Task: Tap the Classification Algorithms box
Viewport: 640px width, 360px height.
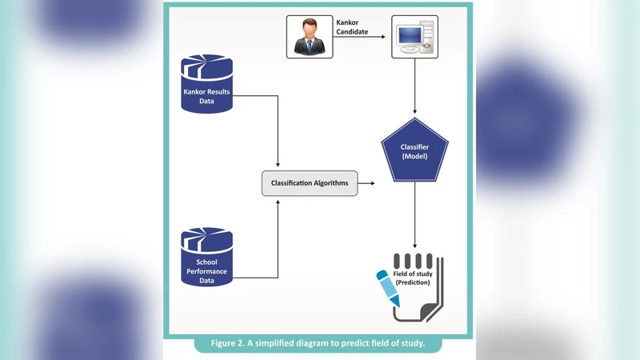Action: [309, 183]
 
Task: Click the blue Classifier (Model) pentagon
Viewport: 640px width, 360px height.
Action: [414, 151]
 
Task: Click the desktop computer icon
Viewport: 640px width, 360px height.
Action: [414, 38]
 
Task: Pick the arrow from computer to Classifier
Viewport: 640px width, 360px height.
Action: [414, 88]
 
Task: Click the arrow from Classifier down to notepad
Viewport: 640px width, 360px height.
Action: [414, 220]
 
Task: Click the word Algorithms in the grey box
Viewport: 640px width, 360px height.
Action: [330, 183]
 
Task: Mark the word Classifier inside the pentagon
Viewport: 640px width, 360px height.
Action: [414, 146]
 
